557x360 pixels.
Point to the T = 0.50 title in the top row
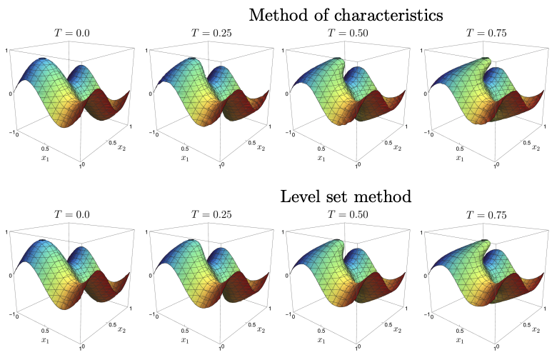[x=348, y=33]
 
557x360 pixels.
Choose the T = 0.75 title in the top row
[x=486, y=33]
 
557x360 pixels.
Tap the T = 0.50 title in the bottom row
[x=348, y=214]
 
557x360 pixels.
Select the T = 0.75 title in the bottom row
[x=486, y=214]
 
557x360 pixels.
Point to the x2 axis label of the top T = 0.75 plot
[x=536, y=147]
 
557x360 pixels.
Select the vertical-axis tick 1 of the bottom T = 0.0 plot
[x=7, y=232]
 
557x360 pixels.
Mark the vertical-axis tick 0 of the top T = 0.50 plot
[x=284, y=94]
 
